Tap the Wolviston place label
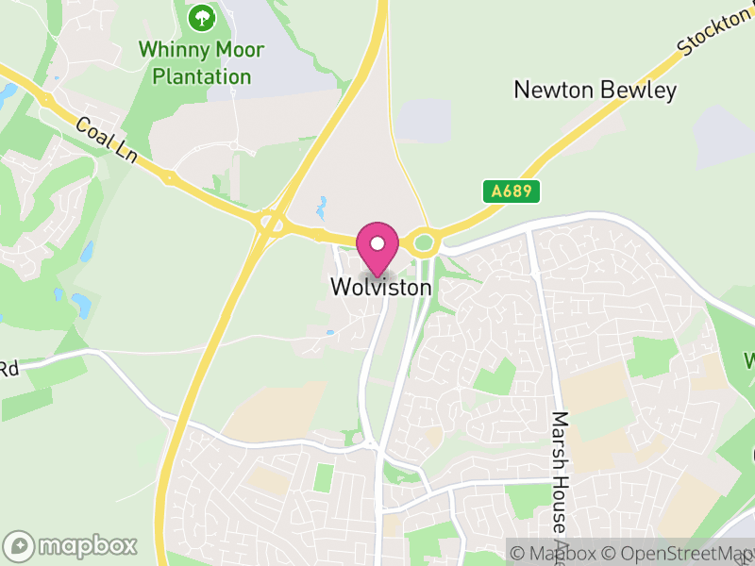(381, 287)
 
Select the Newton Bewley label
(595, 91)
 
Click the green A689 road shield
(513, 191)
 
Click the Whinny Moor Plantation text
(201, 62)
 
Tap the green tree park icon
(201, 17)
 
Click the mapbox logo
(72, 545)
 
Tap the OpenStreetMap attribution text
(679, 553)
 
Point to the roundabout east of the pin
(423, 243)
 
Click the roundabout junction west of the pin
(272, 224)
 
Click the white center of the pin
(377, 243)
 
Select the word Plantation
(202, 76)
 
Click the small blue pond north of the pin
(322, 205)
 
